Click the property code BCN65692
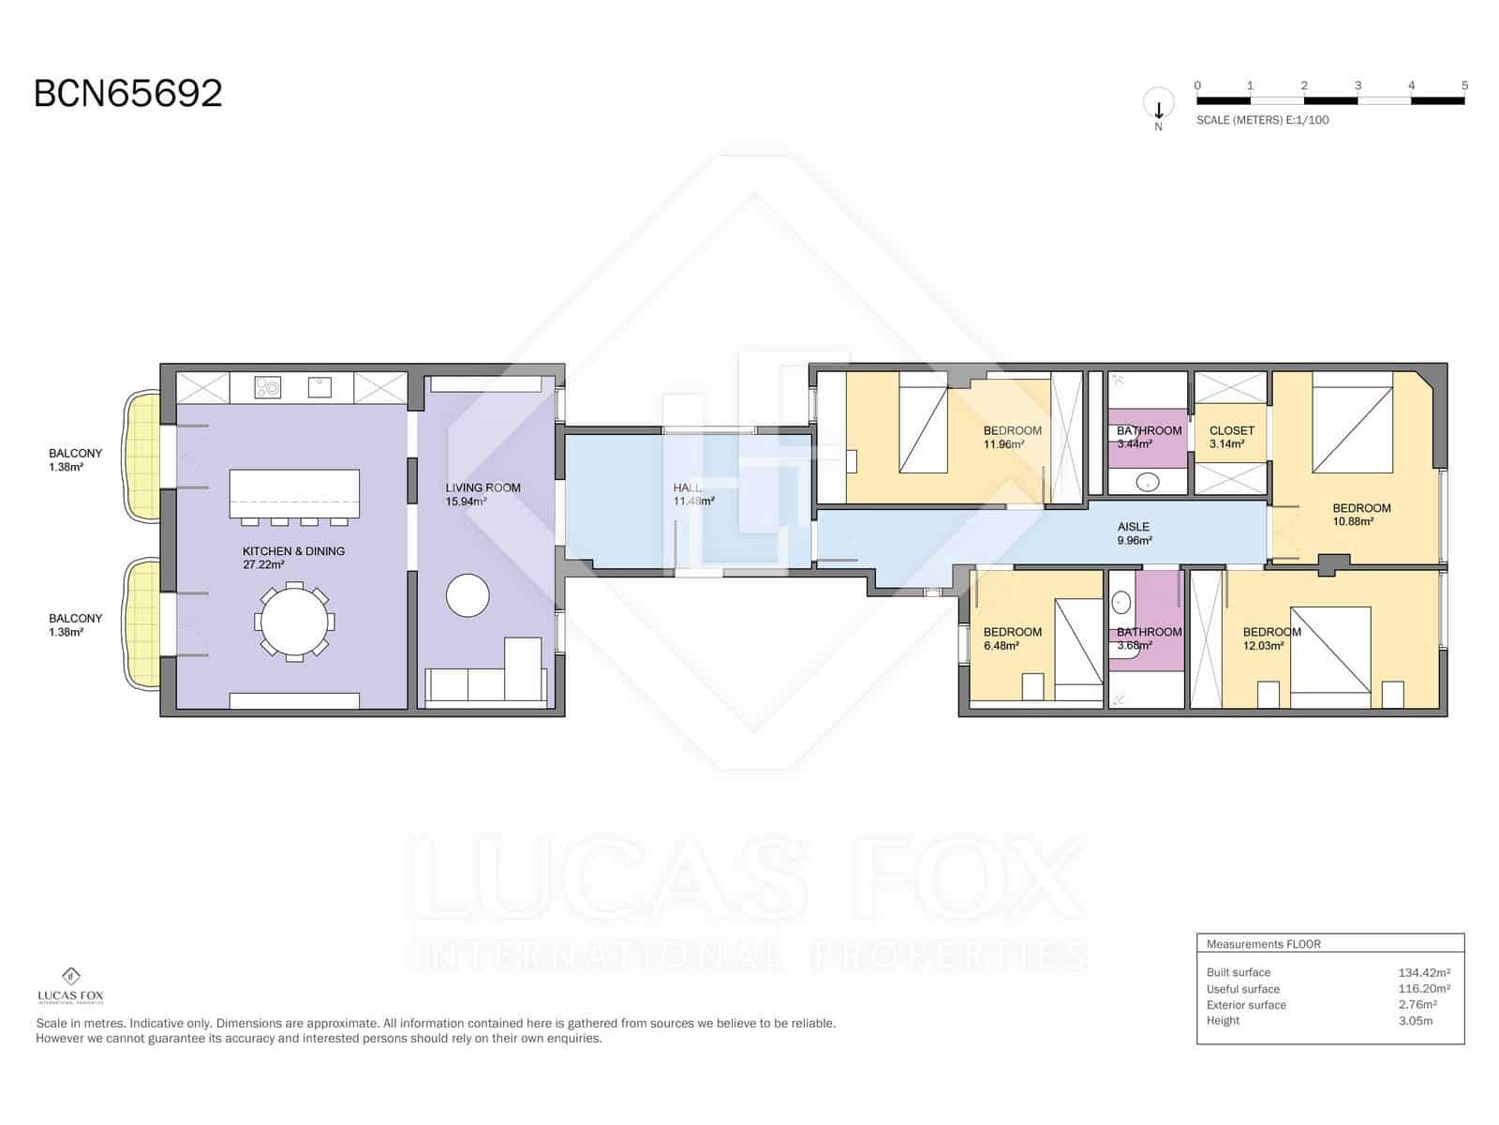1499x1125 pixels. tap(128, 94)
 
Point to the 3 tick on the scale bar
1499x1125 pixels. tap(1358, 86)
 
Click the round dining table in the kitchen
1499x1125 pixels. tap(294, 621)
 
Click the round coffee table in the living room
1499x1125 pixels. tap(468, 595)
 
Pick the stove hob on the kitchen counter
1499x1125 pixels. tap(269, 386)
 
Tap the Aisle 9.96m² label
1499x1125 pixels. tap(1134, 533)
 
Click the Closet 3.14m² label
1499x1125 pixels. tap(1231, 437)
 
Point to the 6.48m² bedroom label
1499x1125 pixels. tap(1012, 638)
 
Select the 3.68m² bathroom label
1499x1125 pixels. tap(1149, 638)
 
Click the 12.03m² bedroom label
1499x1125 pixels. tap(1271, 638)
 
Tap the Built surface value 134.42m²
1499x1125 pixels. tap(1423, 972)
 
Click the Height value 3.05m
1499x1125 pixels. tap(1415, 1021)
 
